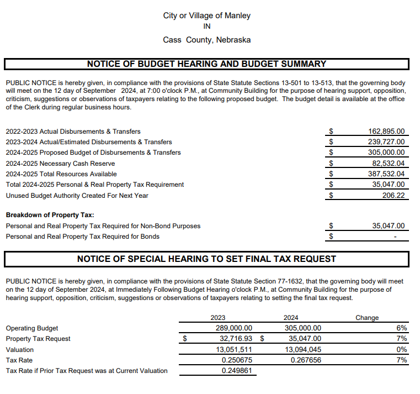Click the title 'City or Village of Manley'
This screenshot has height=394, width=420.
(x=206, y=15)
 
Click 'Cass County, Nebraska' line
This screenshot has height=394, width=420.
(x=206, y=40)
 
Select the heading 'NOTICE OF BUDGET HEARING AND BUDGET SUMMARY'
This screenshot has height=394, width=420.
(x=206, y=64)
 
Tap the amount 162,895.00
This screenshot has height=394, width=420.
(x=386, y=132)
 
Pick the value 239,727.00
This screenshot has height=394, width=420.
(x=386, y=142)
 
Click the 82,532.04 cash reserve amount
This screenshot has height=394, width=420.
(x=387, y=163)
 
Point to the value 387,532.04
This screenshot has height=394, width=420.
(x=386, y=174)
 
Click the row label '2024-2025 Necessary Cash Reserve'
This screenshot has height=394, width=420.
(x=60, y=164)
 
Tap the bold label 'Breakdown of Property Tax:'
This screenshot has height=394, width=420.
(x=50, y=215)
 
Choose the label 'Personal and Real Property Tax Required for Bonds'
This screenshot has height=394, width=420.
(x=82, y=237)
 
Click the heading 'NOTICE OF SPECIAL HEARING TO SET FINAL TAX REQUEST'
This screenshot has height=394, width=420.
(x=206, y=259)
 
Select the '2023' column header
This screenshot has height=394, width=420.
(x=218, y=318)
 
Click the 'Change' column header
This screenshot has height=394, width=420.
(x=367, y=318)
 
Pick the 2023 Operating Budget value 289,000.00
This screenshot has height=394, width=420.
(x=233, y=328)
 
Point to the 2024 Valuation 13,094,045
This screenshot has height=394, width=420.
(x=303, y=350)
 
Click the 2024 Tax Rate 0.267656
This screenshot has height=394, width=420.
(x=306, y=360)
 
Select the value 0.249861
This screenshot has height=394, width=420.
(x=237, y=371)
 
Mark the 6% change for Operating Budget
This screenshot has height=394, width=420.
(x=402, y=328)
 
